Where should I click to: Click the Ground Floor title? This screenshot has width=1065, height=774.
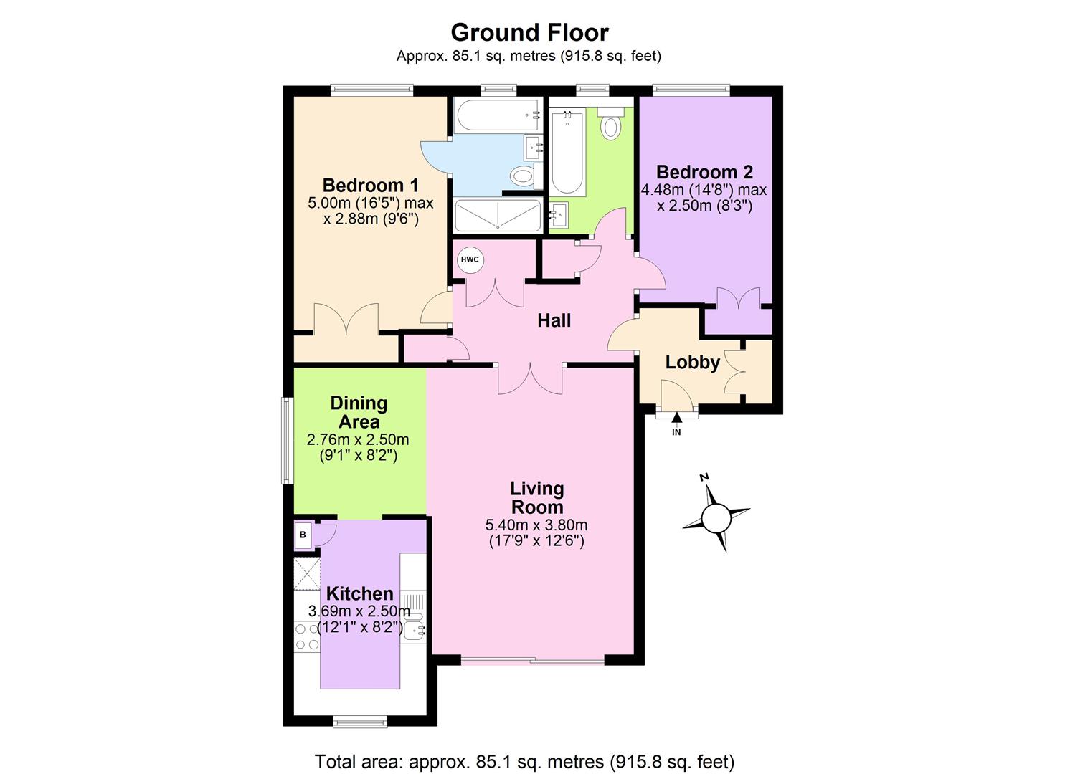click(x=529, y=32)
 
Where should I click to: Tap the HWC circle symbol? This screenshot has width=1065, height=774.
click(x=470, y=259)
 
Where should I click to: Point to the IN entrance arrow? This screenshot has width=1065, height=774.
click(x=676, y=422)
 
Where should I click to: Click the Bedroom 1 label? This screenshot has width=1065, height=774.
click(x=370, y=185)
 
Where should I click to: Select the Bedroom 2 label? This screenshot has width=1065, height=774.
click(x=704, y=172)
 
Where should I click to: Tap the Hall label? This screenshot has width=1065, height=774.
click(x=554, y=320)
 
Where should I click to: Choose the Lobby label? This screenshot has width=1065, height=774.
click(x=692, y=362)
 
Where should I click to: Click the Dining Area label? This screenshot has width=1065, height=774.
click(x=359, y=412)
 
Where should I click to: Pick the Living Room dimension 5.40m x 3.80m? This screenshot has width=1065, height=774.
click(x=536, y=525)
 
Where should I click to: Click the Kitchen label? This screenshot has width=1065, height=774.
click(x=359, y=593)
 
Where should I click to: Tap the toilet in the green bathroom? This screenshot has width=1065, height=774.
click(x=610, y=125)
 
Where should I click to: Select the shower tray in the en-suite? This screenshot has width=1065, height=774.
click(x=497, y=215)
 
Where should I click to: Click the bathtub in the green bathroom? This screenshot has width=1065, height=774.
click(x=567, y=151)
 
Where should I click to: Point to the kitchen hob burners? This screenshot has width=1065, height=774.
click(x=307, y=636)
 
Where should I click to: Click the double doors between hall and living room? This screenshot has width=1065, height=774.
click(x=530, y=378)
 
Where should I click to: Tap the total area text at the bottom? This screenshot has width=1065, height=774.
click(x=524, y=761)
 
